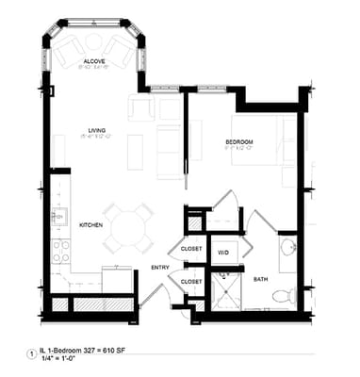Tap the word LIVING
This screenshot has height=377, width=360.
[95, 130]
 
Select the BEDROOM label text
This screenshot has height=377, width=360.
[240, 141]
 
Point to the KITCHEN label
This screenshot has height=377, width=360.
[90, 224]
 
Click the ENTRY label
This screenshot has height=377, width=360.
[159, 268]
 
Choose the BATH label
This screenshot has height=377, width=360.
[259, 279]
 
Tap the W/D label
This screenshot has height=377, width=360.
[224, 253]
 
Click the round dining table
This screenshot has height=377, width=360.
[125, 226]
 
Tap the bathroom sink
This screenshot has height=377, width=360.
[288, 248]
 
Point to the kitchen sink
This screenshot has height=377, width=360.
[57, 216]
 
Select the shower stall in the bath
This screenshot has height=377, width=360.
[225, 290]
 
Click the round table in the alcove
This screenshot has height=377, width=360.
[93, 45]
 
